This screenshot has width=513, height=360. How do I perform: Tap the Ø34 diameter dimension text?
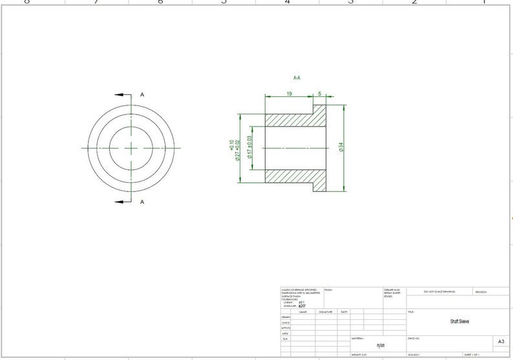[x=341, y=147]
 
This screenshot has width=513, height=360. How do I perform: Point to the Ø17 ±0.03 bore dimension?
[x=249, y=148]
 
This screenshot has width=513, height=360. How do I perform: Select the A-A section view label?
[x=297, y=78]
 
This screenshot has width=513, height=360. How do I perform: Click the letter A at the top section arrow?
[x=142, y=94]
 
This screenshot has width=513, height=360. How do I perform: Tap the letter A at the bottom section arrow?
[x=142, y=202]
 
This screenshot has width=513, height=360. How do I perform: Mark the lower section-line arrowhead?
[x=119, y=202]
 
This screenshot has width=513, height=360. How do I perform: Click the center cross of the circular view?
[x=132, y=148]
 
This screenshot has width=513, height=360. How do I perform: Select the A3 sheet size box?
[x=501, y=341]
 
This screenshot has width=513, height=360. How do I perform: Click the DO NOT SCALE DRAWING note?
[x=438, y=291]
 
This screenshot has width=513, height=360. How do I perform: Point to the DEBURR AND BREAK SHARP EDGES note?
[x=392, y=292]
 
